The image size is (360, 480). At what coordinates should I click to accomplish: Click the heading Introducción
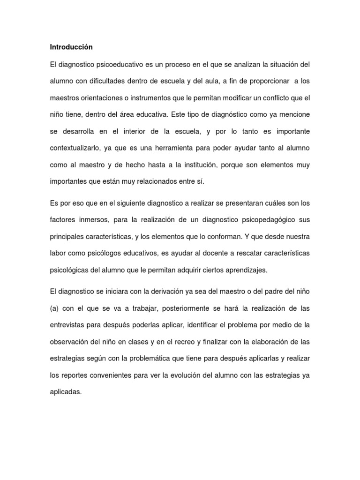point(71,47)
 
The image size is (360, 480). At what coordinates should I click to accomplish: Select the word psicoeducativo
point(116,64)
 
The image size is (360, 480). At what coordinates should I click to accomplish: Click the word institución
point(195,165)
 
